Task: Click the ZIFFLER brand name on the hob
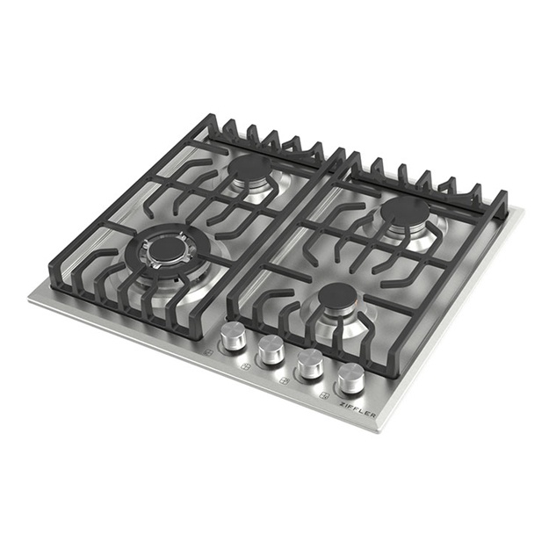(x=358, y=409)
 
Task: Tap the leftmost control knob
(x=233, y=336)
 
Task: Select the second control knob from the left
(x=271, y=349)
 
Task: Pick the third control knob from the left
(x=310, y=363)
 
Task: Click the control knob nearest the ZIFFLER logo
(x=351, y=379)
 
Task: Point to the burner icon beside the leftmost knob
(x=209, y=352)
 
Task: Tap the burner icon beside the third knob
(x=285, y=380)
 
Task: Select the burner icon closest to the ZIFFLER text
(x=325, y=396)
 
